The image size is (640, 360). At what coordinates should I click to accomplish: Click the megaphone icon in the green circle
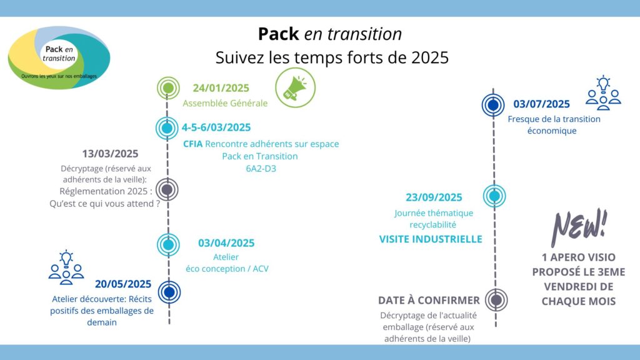point(295,87)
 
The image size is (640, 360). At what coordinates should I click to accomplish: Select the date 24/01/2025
point(221,88)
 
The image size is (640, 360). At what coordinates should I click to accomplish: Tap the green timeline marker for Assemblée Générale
point(168,87)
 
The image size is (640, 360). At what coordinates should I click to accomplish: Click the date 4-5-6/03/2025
point(216,127)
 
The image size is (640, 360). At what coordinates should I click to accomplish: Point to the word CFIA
point(192,144)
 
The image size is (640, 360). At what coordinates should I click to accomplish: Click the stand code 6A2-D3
point(261,169)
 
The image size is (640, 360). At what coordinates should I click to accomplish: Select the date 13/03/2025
point(110,154)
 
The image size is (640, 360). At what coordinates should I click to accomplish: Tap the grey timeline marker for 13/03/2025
point(167,189)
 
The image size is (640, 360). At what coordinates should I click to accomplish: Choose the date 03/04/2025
point(226,243)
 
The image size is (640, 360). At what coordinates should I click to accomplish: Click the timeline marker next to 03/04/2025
point(168,244)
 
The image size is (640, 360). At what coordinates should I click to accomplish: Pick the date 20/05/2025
point(123,284)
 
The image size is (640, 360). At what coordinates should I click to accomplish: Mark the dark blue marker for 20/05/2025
point(169,292)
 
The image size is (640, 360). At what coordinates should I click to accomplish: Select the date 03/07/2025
point(541,104)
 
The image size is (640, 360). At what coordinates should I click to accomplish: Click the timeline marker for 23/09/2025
point(495,196)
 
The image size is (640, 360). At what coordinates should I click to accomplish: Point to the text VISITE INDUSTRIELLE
point(431,239)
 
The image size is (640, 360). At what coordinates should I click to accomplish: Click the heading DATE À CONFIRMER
point(429,301)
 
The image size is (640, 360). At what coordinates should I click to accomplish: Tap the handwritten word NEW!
point(579,227)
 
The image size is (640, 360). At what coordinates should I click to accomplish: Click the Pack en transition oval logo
point(59,57)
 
